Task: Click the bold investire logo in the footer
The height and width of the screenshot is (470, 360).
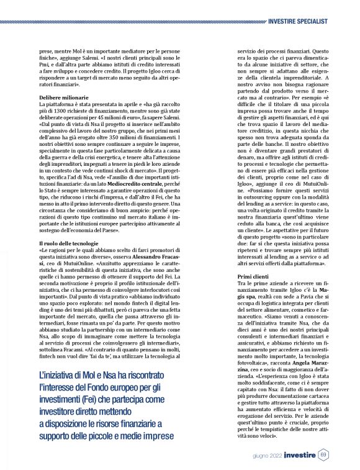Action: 298,454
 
